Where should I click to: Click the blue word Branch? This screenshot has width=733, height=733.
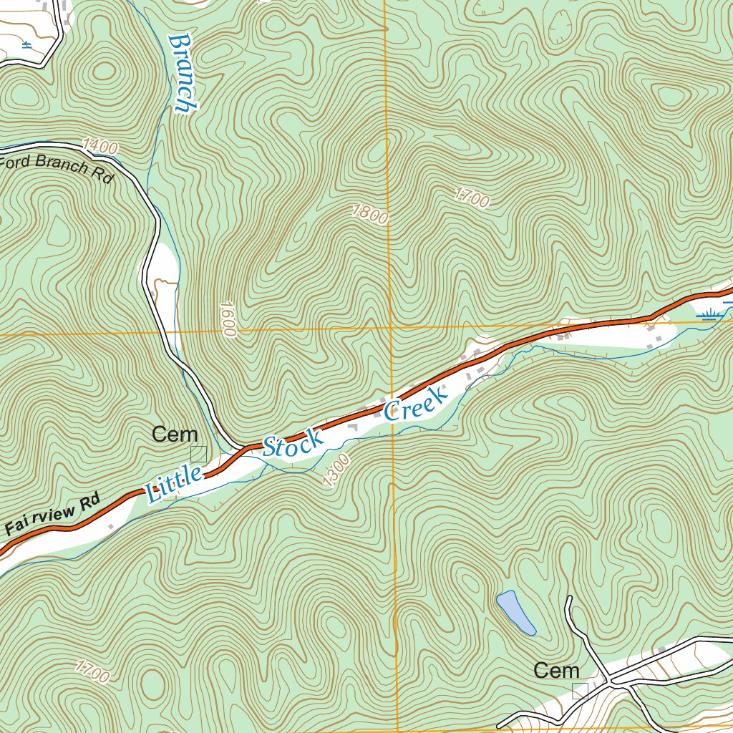coord(182,73)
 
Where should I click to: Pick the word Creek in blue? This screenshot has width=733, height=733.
coord(415,403)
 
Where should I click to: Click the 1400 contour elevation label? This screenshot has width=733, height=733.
coord(99,147)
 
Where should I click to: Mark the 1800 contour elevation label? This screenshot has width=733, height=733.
coord(369,213)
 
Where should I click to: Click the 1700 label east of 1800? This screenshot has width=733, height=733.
coord(472,197)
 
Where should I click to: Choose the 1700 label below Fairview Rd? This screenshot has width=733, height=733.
coord(92,672)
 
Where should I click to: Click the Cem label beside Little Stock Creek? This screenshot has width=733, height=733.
coord(175,435)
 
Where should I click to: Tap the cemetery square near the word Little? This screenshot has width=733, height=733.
coord(198,454)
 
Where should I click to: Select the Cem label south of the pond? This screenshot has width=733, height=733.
coord(556,671)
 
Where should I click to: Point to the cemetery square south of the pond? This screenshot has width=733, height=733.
coord(580,691)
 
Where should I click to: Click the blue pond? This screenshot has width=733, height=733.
coord(515,613)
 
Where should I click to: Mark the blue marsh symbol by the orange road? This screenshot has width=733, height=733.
coord(712,313)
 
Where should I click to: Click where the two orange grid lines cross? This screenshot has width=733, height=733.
coord(390,329)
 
